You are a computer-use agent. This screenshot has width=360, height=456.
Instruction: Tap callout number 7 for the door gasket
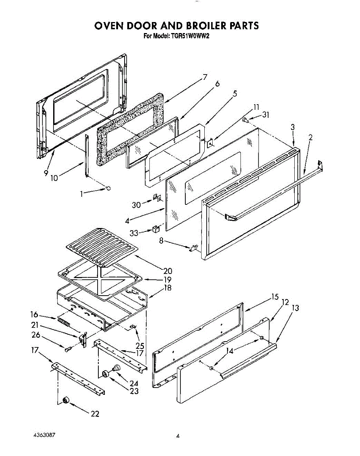205,77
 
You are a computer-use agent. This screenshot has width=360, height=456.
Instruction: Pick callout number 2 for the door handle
310,138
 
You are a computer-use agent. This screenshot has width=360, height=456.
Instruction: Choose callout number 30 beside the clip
136,205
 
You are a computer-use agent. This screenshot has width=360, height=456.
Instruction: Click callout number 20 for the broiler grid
167,271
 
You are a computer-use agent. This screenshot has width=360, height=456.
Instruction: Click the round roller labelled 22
66,400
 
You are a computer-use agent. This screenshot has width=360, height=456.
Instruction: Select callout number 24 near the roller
134,383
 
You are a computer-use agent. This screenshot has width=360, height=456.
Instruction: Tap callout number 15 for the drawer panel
275,297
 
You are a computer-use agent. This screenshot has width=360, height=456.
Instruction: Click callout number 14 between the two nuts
229,351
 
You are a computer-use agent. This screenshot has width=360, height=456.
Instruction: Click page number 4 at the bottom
177,436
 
